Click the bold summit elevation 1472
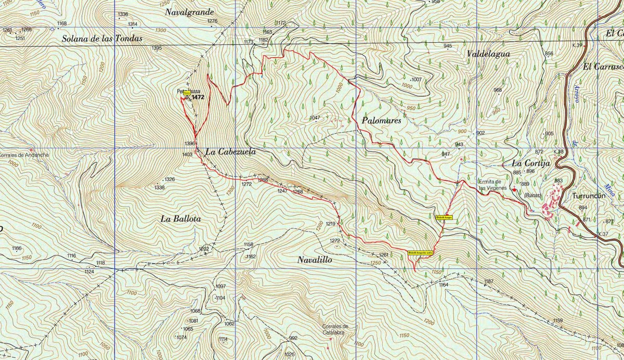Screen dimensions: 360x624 coord(198,97)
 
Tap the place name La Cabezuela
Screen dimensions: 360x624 coord(230,152)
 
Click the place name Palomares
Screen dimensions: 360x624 coord(382,121)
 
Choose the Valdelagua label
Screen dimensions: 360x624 coord(488,54)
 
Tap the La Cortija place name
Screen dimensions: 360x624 coord(531,163)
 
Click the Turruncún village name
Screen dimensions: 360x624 coord(590,197)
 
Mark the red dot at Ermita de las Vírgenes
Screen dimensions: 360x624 coord(514,190)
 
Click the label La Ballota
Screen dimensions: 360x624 coord(180,219)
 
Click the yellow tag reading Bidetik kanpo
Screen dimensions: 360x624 coord(444,217)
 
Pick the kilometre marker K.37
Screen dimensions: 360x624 coord(603,234)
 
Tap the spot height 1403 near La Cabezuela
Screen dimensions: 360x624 coord(188,155)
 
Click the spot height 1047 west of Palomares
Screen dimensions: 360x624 coord(315,118)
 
